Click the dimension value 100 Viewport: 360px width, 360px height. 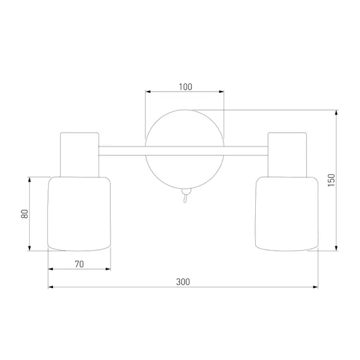(x=186, y=87)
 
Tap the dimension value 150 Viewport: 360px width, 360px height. (x=332, y=180)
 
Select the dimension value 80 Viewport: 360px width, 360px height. (x=25, y=213)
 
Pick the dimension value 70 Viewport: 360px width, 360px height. (x=79, y=264)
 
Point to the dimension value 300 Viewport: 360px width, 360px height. (x=183, y=282)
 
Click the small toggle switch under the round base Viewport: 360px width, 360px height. (x=186, y=195)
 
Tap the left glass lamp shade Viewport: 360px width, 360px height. (x=79, y=213)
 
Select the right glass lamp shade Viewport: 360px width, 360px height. (x=287, y=213)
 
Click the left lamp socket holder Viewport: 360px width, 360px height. (x=80, y=155)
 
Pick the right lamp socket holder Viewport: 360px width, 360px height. (x=287, y=155)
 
